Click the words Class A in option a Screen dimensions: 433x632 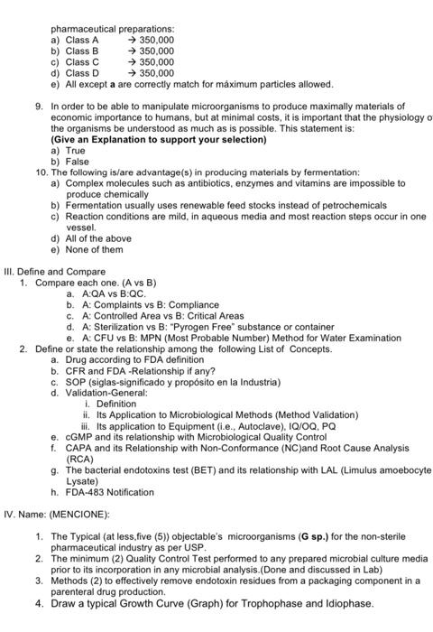[83, 40]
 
